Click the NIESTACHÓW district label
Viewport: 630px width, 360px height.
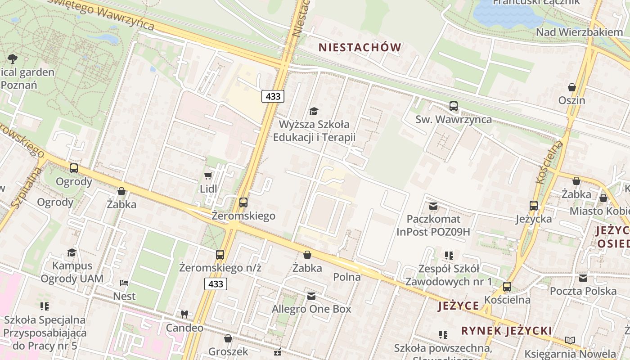pos(360,47)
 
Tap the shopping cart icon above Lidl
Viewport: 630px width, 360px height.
pos(208,175)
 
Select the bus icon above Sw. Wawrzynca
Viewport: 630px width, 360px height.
pos(453,106)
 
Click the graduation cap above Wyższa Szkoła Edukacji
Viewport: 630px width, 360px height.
pos(314,111)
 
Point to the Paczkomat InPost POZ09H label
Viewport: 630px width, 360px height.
pos(433,225)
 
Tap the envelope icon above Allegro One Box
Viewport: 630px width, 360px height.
pos(311,296)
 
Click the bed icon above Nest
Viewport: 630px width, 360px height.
pos(124,283)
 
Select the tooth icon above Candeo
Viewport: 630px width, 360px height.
pos(184,314)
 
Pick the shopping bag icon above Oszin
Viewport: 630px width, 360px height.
pos(572,87)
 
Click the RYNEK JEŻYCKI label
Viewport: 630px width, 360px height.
pos(506,331)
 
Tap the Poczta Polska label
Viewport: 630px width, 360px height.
pos(583,291)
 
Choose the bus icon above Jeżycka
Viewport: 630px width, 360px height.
pos(534,206)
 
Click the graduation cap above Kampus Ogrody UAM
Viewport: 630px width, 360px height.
pos(72,252)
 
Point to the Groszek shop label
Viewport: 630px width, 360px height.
pos(228,351)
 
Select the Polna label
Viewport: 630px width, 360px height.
pos(347,277)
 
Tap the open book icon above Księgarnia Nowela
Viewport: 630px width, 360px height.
pos(570,340)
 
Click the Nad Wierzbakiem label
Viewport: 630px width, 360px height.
pos(579,32)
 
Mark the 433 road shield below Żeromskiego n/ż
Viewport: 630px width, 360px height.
pos(216,284)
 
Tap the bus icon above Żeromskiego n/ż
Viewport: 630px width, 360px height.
pos(220,255)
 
